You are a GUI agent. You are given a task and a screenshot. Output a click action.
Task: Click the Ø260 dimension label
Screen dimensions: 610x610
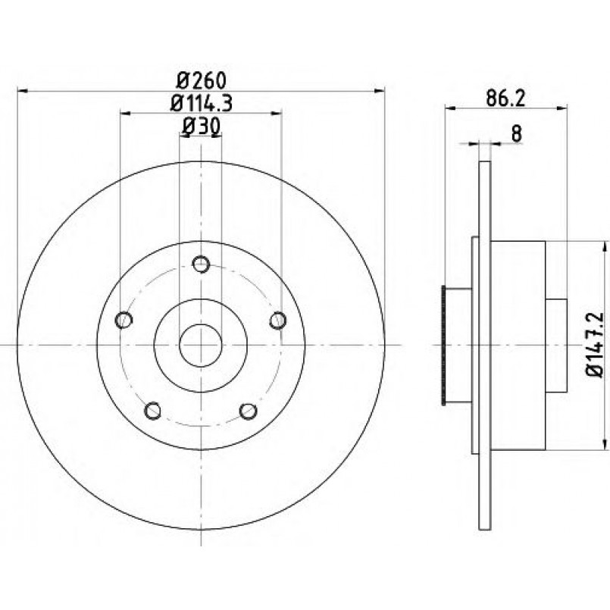[201, 80]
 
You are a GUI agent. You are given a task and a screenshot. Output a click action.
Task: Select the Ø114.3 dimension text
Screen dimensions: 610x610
[202, 103]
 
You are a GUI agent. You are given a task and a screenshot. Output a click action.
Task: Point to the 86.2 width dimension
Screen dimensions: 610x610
[505, 99]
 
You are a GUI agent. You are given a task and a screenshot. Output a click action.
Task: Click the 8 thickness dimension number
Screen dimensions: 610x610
[516, 134]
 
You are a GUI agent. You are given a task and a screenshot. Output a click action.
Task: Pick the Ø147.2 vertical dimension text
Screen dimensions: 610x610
[595, 344]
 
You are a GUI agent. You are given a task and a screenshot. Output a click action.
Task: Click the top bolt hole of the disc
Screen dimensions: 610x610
[201, 264]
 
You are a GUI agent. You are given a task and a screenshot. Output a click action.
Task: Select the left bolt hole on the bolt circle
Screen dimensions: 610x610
[124, 320]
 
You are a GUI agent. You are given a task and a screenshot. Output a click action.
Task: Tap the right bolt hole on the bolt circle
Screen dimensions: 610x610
[278, 321]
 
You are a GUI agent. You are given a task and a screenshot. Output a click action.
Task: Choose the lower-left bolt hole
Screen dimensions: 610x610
[152, 411]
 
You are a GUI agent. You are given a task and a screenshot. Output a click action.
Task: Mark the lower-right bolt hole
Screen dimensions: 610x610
[249, 411]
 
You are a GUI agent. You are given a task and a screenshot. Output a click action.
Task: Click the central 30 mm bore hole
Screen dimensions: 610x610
[200, 345]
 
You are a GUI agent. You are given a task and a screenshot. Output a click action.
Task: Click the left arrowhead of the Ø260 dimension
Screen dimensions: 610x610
[23, 91]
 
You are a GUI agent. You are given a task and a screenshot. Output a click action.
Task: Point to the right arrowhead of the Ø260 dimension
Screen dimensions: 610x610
[379, 91]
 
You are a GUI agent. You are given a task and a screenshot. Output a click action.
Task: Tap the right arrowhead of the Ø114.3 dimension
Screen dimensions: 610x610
[277, 113]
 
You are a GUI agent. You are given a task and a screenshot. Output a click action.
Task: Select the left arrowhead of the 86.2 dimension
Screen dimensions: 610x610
[451, 108]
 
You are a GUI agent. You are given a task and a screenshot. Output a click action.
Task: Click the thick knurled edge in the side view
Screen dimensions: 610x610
[443, 345]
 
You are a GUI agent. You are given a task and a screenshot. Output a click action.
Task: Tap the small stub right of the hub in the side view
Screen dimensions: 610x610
[556, 346]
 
